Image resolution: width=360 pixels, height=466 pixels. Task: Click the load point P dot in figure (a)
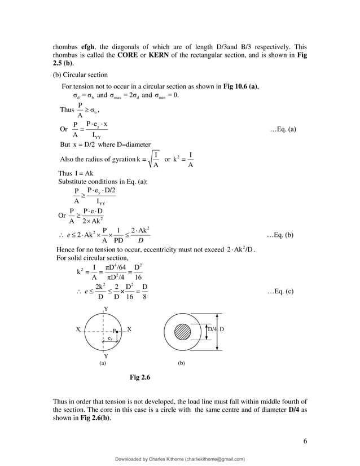point(116,331)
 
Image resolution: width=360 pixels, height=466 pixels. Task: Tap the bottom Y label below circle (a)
point(105,356)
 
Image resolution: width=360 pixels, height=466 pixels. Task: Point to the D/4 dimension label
point(212,328)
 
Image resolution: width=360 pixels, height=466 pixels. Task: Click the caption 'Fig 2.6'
point(139,376)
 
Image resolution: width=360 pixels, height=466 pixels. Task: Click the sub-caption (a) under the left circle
point(103,364)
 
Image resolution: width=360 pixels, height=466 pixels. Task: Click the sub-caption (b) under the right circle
point(181,364)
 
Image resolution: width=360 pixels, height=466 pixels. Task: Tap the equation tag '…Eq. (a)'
point(283,129)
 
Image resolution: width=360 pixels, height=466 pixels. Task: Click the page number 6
point(305,441)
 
